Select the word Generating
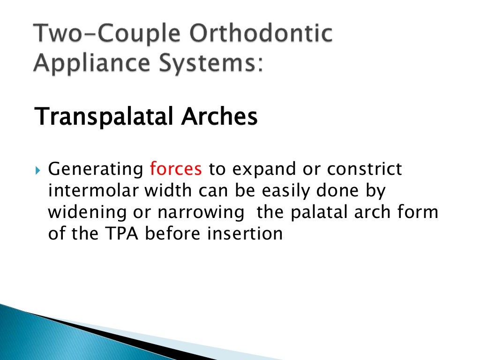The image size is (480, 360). tap(96, 170)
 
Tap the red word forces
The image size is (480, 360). tap(176, 169)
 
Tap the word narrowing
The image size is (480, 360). tap(201, 213)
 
